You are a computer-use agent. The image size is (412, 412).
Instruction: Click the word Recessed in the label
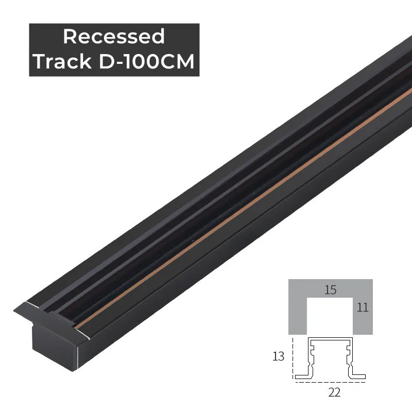(114, 37)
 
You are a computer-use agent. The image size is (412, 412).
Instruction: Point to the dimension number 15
(330, 290)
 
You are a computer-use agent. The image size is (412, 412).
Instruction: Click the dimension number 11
(363, 308)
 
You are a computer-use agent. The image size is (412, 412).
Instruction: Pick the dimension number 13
(278, 356)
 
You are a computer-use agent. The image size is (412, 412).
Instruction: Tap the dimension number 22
(334, 393)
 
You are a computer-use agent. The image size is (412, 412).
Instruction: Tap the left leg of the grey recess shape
(298, 317)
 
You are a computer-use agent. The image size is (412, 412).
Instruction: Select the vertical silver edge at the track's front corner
(78, 355)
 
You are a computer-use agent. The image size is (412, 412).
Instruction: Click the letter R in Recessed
(69, 37)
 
